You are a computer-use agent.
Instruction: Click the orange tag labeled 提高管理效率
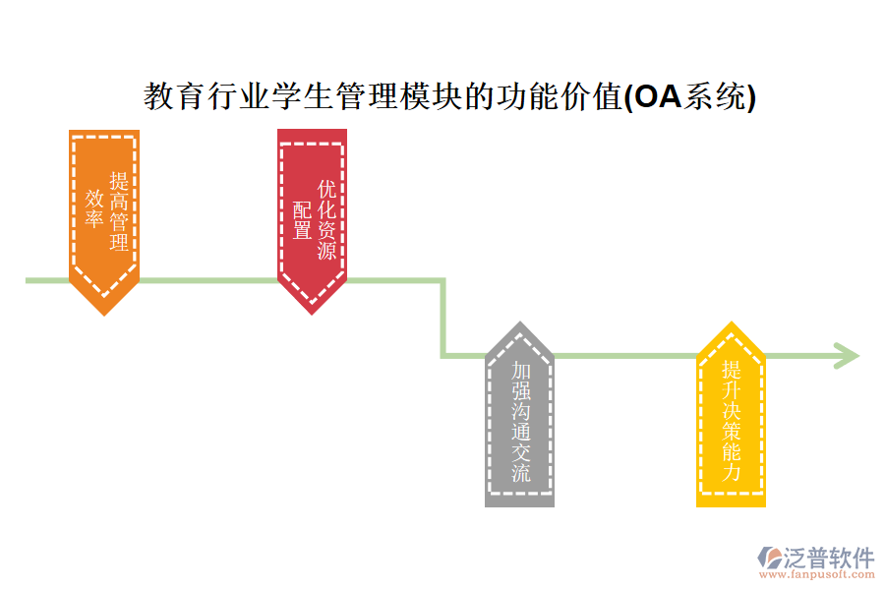(104, 211)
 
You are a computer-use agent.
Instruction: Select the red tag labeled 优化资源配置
(312, 211)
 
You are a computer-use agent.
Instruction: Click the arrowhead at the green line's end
(847, 355)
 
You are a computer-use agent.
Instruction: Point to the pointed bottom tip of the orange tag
(104, 313)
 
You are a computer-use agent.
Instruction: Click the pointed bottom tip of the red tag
(312, 313)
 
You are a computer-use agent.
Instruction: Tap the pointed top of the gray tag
(519, 324)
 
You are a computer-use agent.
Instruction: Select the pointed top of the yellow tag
(731, 324)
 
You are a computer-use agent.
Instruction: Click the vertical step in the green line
(442, 318)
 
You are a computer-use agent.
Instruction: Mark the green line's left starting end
(29, 280)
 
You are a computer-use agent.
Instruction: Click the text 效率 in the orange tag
(94, 208)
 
